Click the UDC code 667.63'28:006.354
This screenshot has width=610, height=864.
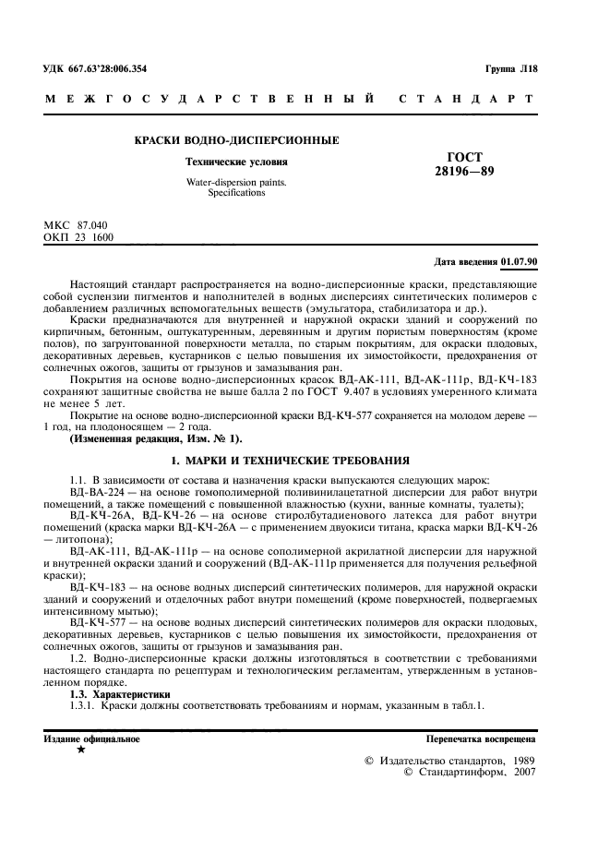pyautogui.click(x=114, y=69)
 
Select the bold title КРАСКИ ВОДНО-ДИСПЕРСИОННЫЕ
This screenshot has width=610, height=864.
pyautogui.click(x=236, y=140)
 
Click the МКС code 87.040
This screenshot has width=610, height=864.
pyautogui.click(x=93, y=225)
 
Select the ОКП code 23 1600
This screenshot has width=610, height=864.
pyautogui.click(x=97, y=236)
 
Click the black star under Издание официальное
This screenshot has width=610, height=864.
pyautogui.click(x=81, y=750)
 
